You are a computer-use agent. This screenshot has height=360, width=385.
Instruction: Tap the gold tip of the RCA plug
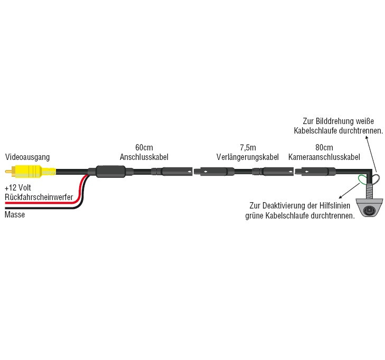8,172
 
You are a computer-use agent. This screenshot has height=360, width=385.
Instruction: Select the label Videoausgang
27,157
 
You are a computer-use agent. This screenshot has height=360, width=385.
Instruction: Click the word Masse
14,215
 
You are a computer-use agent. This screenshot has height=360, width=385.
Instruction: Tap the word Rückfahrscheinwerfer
38,196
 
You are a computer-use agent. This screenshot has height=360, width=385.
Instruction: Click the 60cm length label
144,148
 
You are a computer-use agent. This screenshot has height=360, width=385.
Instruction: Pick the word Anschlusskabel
144,157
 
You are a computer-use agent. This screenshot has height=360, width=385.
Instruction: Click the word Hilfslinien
338,206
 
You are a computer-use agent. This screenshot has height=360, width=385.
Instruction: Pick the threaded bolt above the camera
371,187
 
